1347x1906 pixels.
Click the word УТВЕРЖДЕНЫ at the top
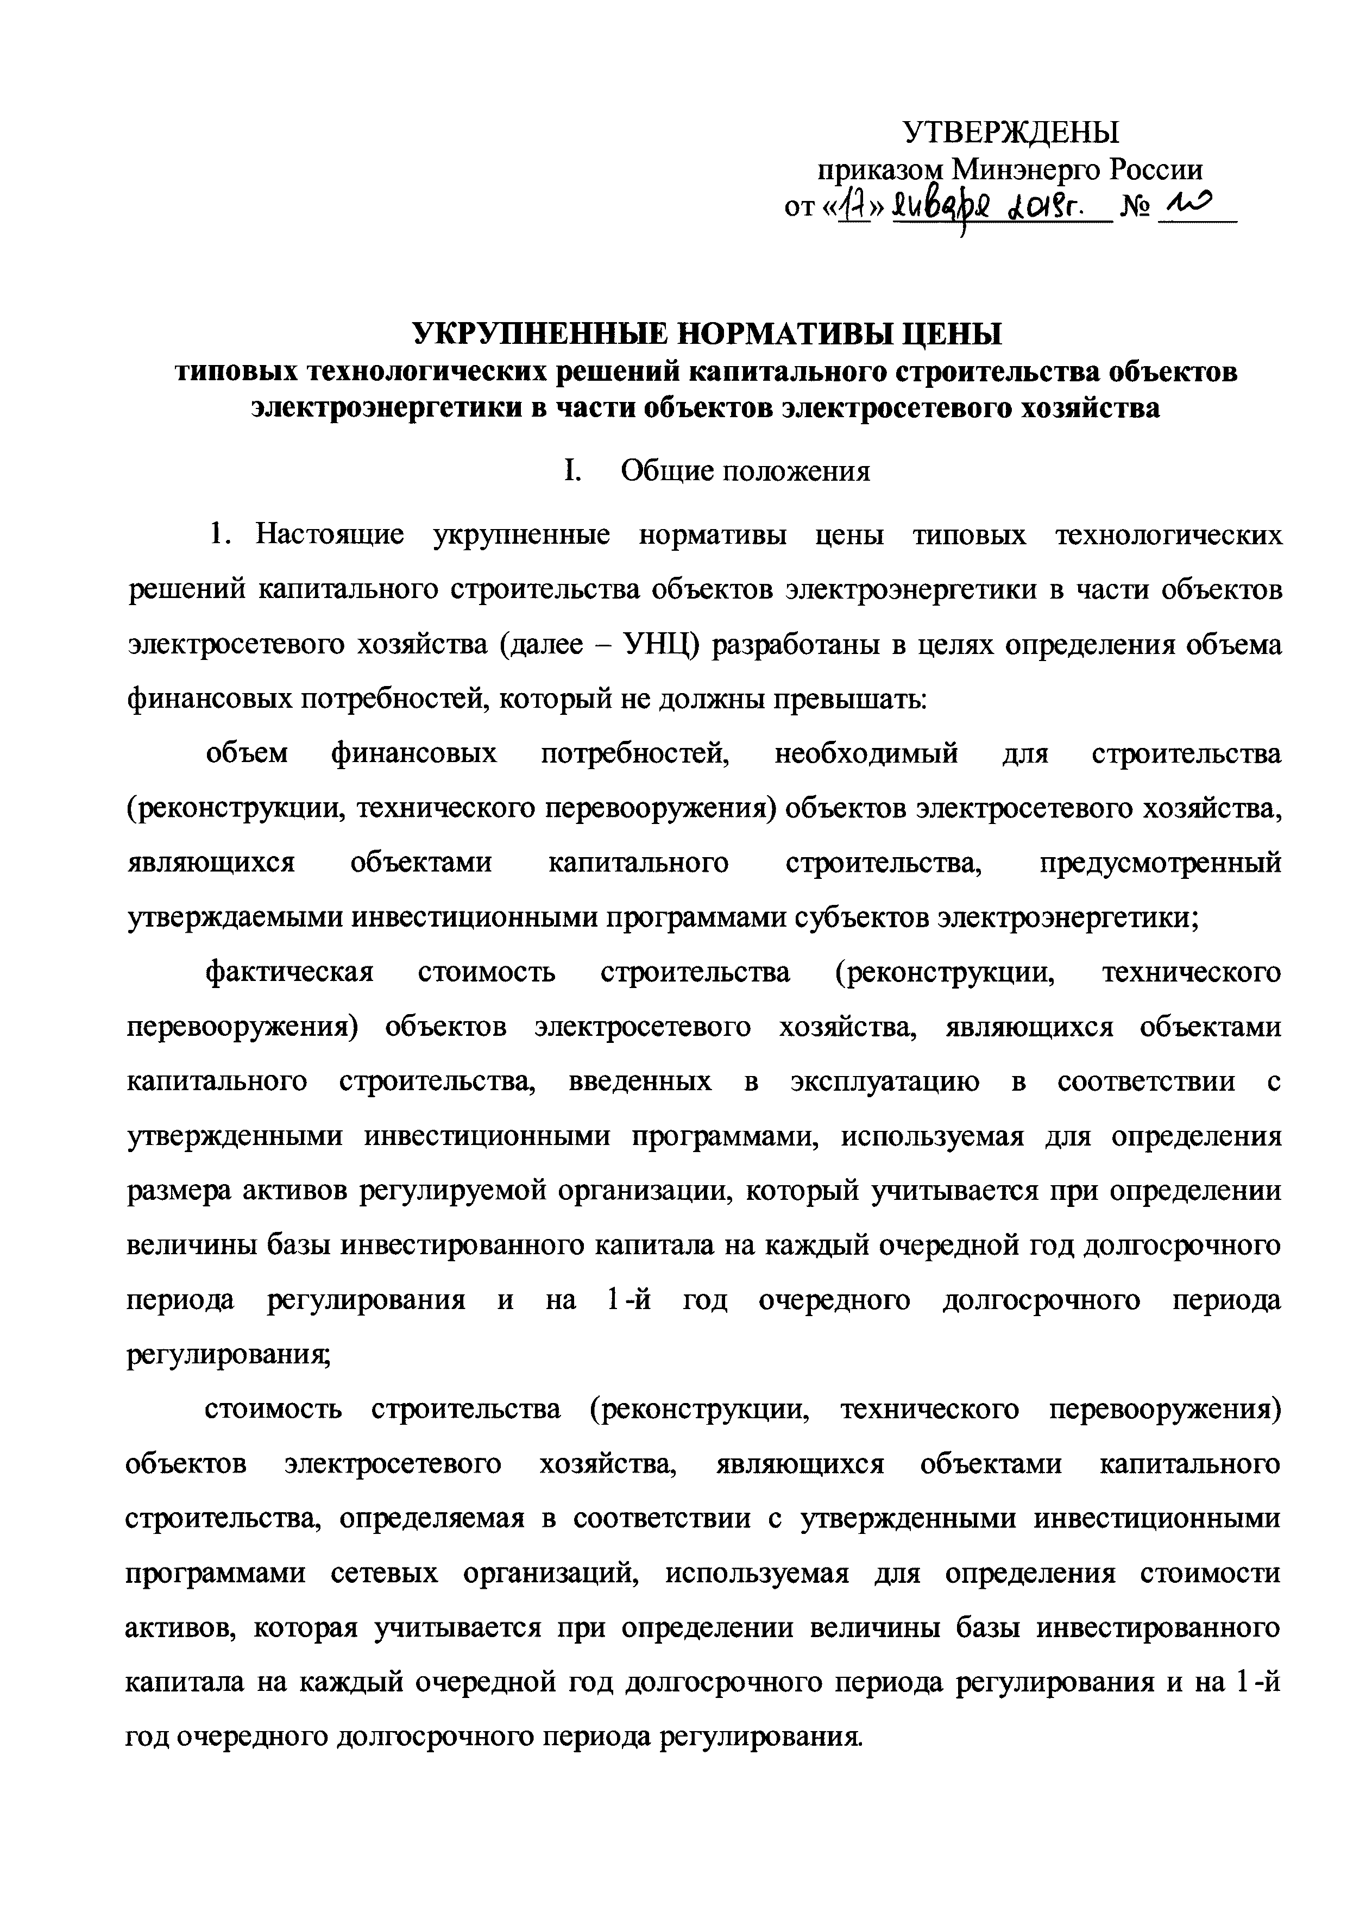[x=1011, y=133]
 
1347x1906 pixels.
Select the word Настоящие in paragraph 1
[x=330, y=536]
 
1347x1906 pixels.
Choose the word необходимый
[x=866, y=754]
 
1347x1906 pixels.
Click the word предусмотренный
[x=1160, y=863]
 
